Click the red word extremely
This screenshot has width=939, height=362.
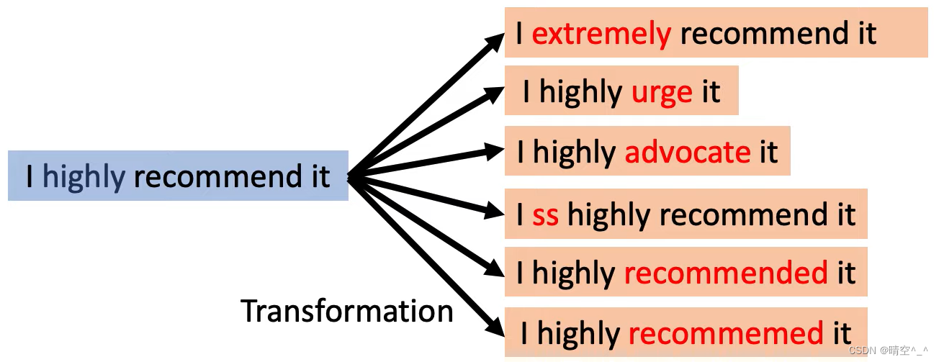click(601, 34)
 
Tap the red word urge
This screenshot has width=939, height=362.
click(662, 92)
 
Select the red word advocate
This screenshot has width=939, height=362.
click(687, 153)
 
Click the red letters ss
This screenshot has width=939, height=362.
click(545, 215)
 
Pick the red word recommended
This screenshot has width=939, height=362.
click(726, 273)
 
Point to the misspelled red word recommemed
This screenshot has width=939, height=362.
click(726, 333)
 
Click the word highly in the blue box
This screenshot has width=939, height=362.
click(84, 176)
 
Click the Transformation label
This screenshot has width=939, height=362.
click(347, 311)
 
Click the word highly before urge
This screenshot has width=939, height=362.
click(581, 92)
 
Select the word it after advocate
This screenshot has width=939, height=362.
click(768, 153)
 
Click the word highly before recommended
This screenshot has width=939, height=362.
click(573, 273)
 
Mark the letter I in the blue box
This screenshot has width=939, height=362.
click(30, 176)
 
